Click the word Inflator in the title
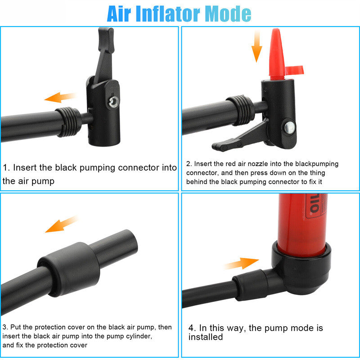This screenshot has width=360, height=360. point(168,14)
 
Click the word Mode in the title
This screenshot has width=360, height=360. point(228,14)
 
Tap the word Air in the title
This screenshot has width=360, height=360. point(119,14)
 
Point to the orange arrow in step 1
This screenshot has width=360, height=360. point(60,97)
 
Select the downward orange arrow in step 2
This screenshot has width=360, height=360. point(256,46)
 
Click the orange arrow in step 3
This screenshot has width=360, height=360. point(62,224)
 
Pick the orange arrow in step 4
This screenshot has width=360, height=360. point(242,263)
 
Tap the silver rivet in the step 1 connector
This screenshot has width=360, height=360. point(114,102)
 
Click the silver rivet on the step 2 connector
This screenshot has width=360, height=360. point(289,128)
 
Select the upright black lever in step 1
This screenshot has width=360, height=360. point(104,54)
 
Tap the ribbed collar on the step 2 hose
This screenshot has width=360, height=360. point(241,110)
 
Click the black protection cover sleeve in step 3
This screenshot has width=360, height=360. point(69,269)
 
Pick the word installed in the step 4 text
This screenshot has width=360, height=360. point(206,337)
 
